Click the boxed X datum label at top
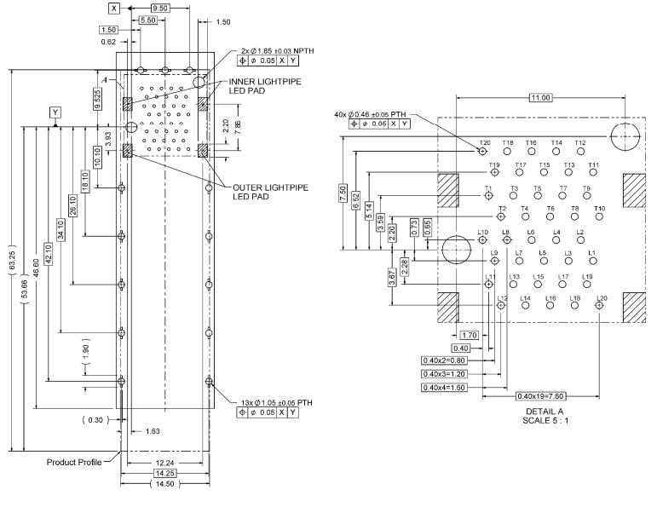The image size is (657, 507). (114, 7)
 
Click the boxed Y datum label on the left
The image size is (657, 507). (56, 112)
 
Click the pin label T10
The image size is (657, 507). (600, 209)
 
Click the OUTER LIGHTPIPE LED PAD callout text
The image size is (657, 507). (264, 191)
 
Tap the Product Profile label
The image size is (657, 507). (73, 463)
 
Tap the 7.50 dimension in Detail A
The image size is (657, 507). (343, 193)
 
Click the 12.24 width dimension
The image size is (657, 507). (164, 463)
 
